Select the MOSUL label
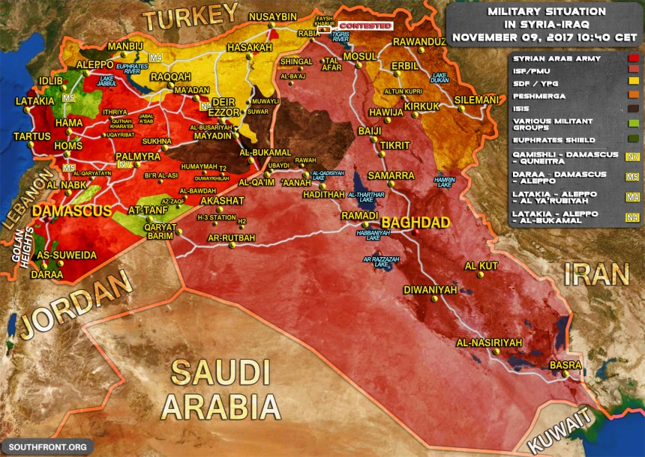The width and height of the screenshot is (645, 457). pyautogui.click(x=359, y=57)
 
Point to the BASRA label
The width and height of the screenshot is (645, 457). pyautogui.click(x=565, y=366)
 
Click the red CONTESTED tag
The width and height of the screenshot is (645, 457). pyautogui.click(x=367, y=25)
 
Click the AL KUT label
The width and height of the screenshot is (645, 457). pyautogui.click(x=481, y=265)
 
